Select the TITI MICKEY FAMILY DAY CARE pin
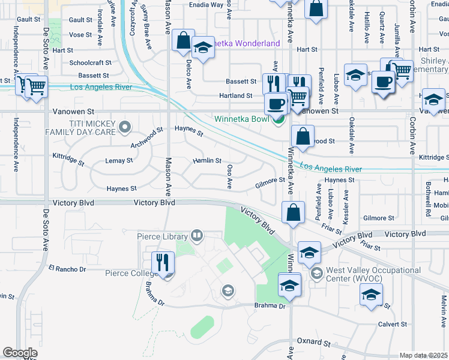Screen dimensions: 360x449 point(125,127)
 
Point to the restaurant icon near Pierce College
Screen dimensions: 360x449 point(163,263)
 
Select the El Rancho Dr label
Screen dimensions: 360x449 point(68,269)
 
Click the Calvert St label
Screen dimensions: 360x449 point(393,324)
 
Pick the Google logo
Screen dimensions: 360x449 point(20,353)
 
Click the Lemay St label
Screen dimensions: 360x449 point(119,161)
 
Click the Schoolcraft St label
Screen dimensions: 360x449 point(90,62)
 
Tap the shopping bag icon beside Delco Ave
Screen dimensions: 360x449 point(183,41)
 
